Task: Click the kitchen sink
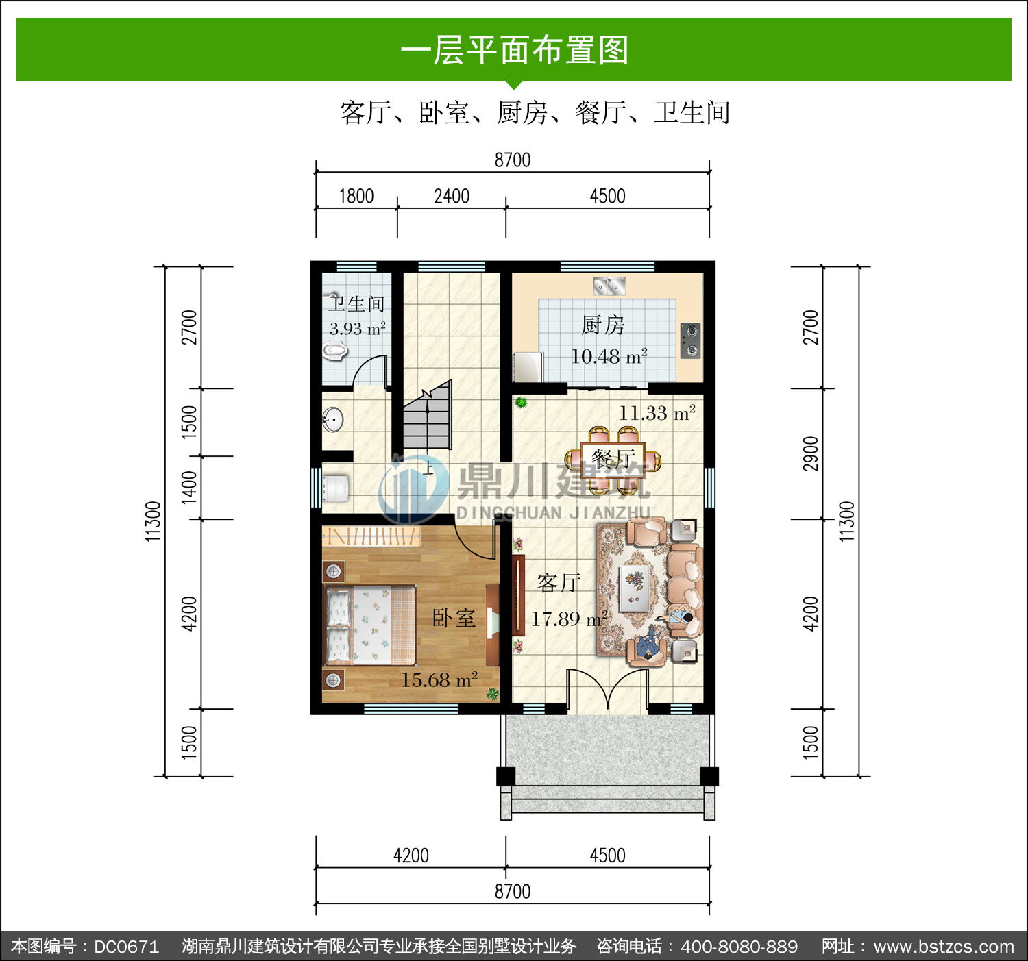pos(609,286)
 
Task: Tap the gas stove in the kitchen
pos(691,340)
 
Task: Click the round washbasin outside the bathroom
pos(333,419)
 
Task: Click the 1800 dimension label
pos(356,197)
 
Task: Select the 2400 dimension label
pos(452,197)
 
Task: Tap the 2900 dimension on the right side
pos(811,454)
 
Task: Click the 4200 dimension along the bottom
pos(411,856)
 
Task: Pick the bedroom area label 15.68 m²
pos(439,679)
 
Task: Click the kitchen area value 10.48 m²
pos(609,356)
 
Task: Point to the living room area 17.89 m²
pos(570,619)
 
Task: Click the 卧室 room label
pos(454,618)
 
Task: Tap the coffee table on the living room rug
pos(635,588)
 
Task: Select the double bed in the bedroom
pos(369,625)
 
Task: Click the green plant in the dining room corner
pos(521,402)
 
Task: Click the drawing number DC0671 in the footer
pos(126,947)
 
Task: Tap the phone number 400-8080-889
pos(739,947)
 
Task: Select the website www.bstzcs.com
pos(944,947)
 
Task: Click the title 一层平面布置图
pos(515,51)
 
